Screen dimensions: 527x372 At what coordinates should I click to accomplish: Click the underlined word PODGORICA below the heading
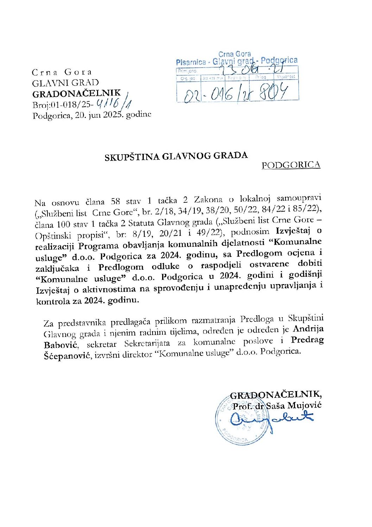click(x=291, y=165)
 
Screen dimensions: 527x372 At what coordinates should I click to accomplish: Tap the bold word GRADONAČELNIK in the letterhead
click(x=76, y=94)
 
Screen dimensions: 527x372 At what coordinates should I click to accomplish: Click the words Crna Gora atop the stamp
click(x=235, y=54)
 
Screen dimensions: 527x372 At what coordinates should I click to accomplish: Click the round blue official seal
click(x=243, y=419)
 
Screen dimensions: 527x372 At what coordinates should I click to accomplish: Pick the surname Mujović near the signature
click(x=304, y=405)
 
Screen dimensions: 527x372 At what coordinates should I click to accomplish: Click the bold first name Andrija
click(x=308, y=329)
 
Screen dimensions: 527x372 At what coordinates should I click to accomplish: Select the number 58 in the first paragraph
click(x=115, y=201)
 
